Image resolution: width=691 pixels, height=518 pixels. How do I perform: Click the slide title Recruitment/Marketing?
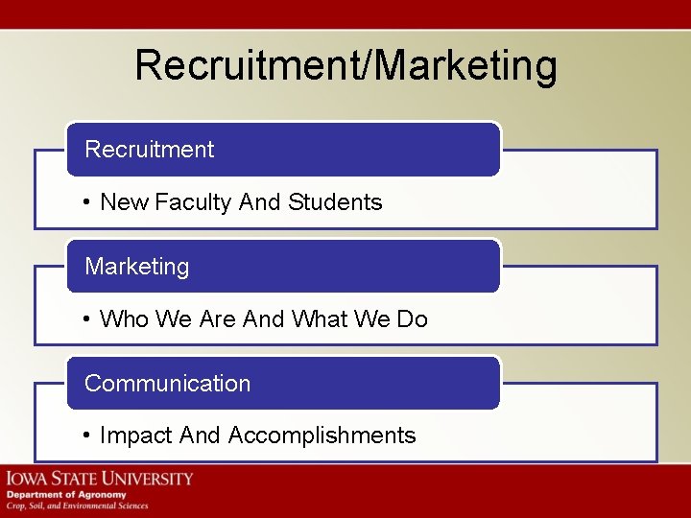pyautogui.click(x=345, y=66)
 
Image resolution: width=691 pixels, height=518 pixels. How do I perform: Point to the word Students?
pyautogui.click(x=335, y=202)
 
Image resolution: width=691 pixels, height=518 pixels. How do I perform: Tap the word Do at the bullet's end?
pyautogui.click(x=412, y=319)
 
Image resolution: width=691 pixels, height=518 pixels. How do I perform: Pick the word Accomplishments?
pyautogui.click(x=322, y=436)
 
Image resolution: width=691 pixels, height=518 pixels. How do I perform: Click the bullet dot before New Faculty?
pyautogui.click(x=86, y=202)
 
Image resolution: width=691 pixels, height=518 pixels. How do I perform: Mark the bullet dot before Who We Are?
pyautogui.click(x=86, y=319)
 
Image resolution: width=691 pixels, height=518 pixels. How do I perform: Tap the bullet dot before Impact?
pyautogui.click(x=86, y=436)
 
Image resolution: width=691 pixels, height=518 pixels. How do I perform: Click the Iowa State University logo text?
pyautogui.click(x=100, y=478)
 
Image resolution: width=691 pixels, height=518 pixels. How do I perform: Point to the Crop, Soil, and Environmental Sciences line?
pyautogui.click(x=78, y=506)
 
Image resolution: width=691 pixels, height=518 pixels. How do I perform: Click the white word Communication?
pyautogui.click(x=167, y=384)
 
